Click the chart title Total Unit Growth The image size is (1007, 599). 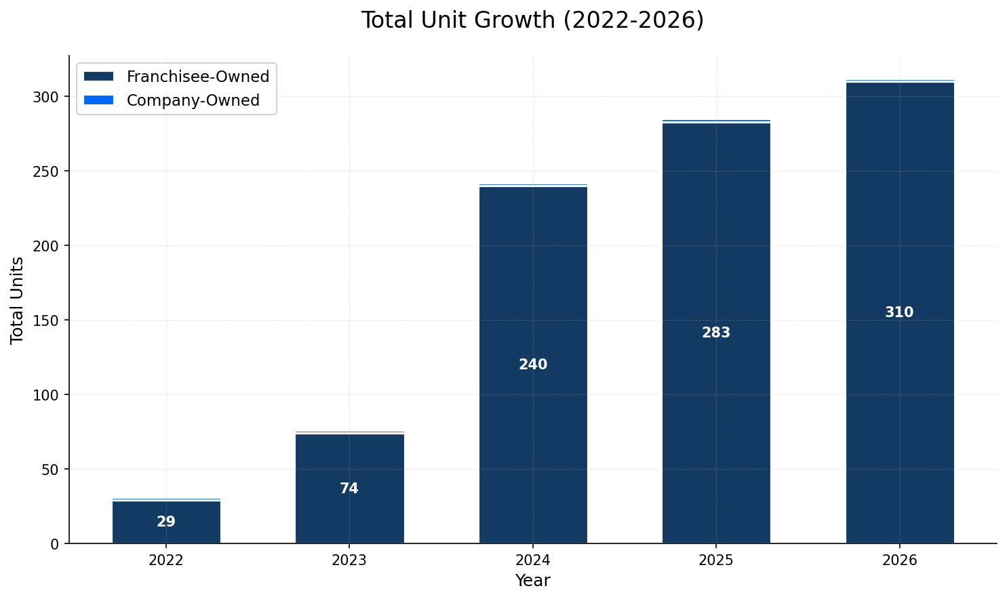(x=532, y=20)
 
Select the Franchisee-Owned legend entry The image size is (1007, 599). (x=197, y=77)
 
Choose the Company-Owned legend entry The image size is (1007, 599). (x=193, y=100)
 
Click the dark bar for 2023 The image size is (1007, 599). (x=349, y=461)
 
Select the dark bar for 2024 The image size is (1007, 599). (x=533, y=285)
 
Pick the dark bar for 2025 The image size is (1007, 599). (x=716, y=257)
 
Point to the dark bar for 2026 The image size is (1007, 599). (x=900, y=224)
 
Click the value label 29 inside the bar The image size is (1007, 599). (x=166, y=522)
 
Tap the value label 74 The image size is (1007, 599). (x=349, y=489)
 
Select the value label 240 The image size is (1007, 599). (x=533, y=365)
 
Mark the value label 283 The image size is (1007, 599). (x=716, y=333)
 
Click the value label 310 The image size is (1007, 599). (x=899, y=312)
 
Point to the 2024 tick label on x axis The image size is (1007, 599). (x=533, y=560)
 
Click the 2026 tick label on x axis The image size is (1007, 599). (x=899, y=560)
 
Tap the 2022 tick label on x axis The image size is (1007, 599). (x=166, y=560)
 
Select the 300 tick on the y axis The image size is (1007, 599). (x=48, y=97)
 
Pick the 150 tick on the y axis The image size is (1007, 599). (x=48, y=321)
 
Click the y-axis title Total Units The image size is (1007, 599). (x=18, y=299)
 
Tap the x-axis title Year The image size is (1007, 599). (x=532, y=581)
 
